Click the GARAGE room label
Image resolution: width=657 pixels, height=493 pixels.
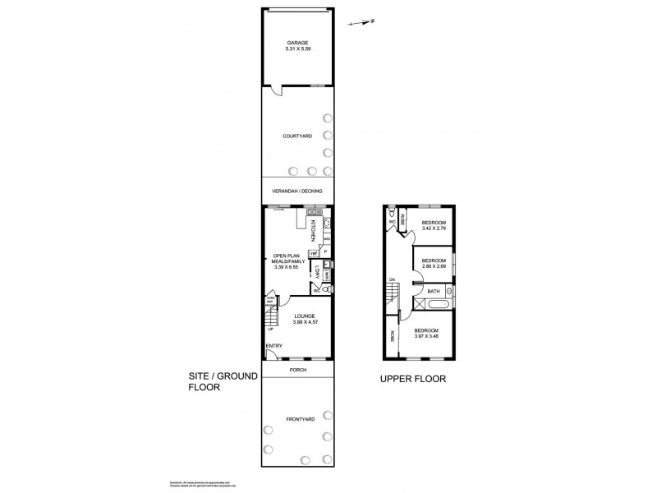coord(296,43)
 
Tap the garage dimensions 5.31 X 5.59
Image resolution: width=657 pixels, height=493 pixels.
coord(296,50)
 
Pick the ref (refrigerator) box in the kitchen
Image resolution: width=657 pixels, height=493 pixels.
coord(314,253)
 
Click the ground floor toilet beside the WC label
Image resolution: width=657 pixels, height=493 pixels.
coord(328,289)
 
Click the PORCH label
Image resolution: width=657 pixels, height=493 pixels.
coord(296,371)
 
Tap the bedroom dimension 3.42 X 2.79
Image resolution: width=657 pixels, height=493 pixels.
coord(434,229)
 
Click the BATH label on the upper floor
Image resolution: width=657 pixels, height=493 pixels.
coord(434,291)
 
